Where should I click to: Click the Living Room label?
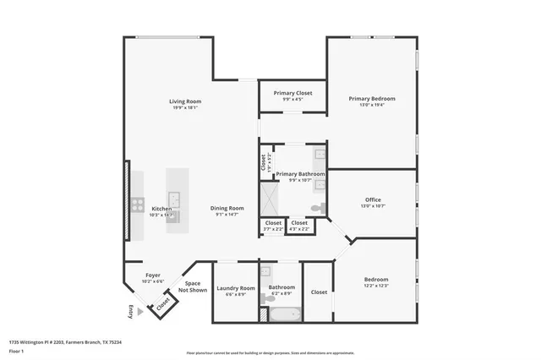coord(185,101)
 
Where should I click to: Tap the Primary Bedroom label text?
coord(372,98)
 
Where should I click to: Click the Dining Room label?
coord(227,208)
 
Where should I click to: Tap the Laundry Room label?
coord(236,288)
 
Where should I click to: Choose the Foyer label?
coord(153,275)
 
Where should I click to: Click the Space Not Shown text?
coord(193,286)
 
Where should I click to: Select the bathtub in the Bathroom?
coord(281,314)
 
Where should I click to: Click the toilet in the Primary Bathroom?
coord(318,207)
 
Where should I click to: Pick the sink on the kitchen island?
coord(174,199)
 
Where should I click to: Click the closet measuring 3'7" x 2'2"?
coord(272,226)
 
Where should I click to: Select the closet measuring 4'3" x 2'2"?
coord(299,226)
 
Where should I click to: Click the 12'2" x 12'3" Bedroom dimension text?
coord(376,286)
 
